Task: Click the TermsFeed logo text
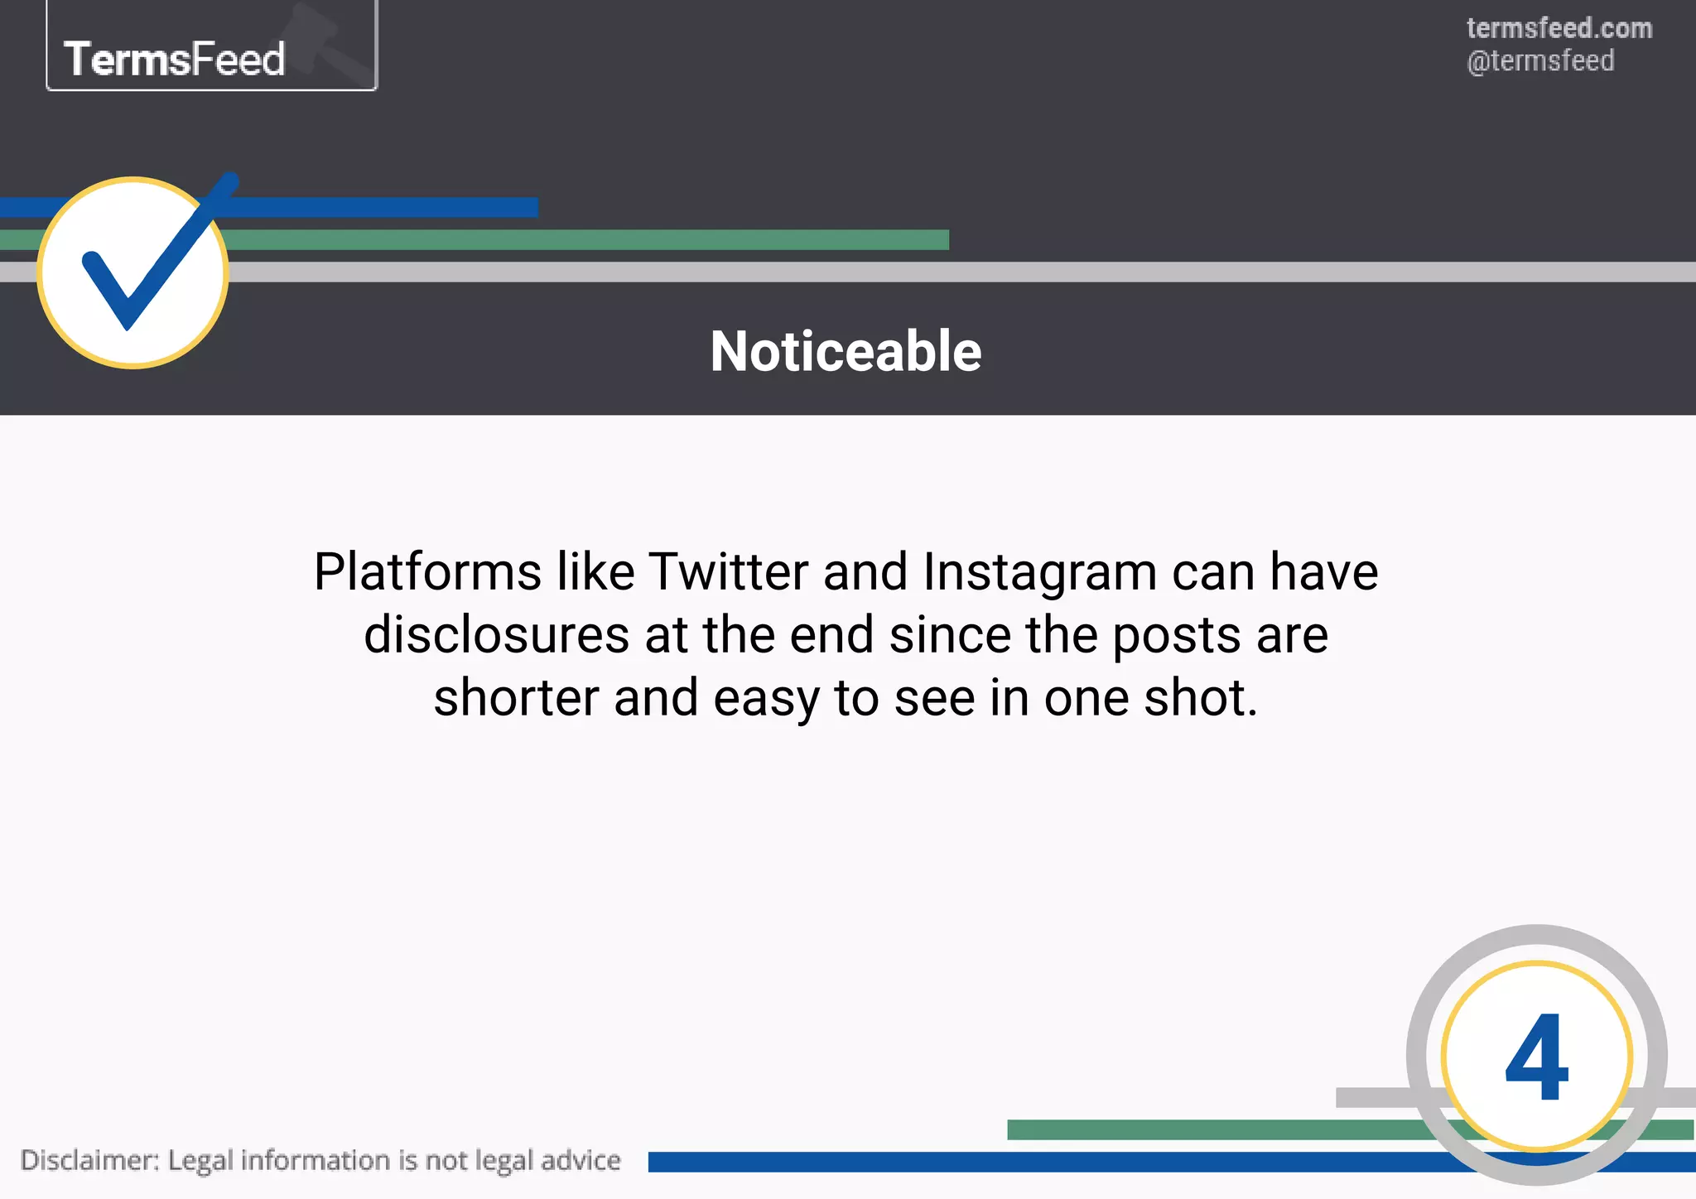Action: [175, 60]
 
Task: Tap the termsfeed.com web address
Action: [1559, 28]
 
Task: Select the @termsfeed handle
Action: [1540, 61]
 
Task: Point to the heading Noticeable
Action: [846, 351]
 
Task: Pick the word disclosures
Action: [497, 635]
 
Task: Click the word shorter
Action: [516, 697]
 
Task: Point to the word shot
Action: [1201, 697]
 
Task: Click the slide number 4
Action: [1537, 1057]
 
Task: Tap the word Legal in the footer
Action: [200, 1161]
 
